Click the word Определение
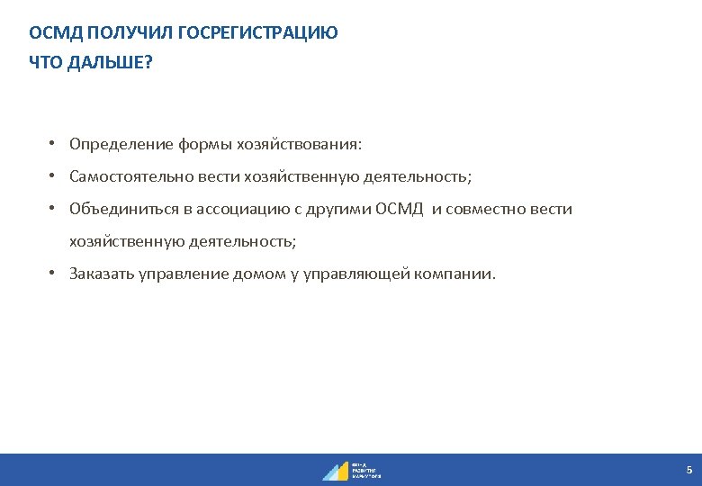(118, 144)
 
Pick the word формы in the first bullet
(201, 144)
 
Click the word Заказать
(102, 274)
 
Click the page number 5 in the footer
(688, 470)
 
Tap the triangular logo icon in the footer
(336, 471)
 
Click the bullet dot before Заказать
(54, 274)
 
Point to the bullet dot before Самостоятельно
(54, 176)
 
